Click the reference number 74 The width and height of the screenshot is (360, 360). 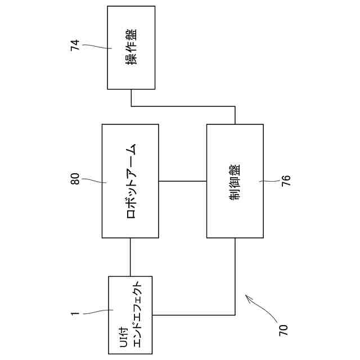[75, 46]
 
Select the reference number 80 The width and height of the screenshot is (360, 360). [75, 180]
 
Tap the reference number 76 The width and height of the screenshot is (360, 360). [286, 181]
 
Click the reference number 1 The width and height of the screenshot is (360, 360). [75, 313]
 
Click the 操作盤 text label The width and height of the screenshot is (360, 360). [132, 47]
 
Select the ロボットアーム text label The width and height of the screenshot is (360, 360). [132, 181]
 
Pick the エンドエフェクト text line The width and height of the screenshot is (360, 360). [142, 314]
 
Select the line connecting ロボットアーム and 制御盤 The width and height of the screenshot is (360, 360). [182, 181]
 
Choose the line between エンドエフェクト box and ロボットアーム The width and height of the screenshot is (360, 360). [130, 256]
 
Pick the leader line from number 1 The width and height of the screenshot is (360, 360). [98, 312]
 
